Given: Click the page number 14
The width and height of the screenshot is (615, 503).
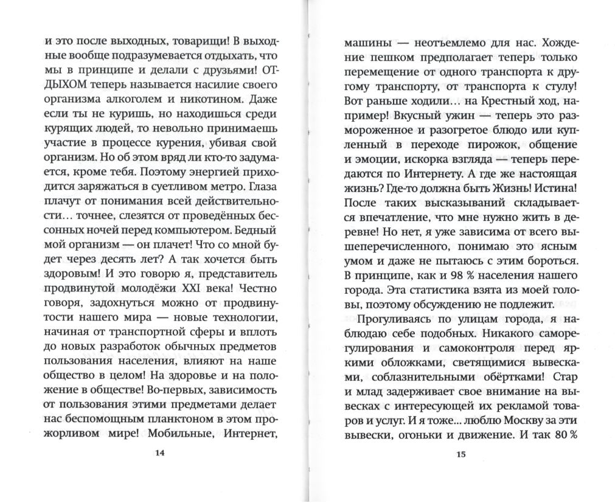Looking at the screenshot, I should coord(160,453).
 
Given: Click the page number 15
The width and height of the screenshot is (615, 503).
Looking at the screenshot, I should coord(460,453).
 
